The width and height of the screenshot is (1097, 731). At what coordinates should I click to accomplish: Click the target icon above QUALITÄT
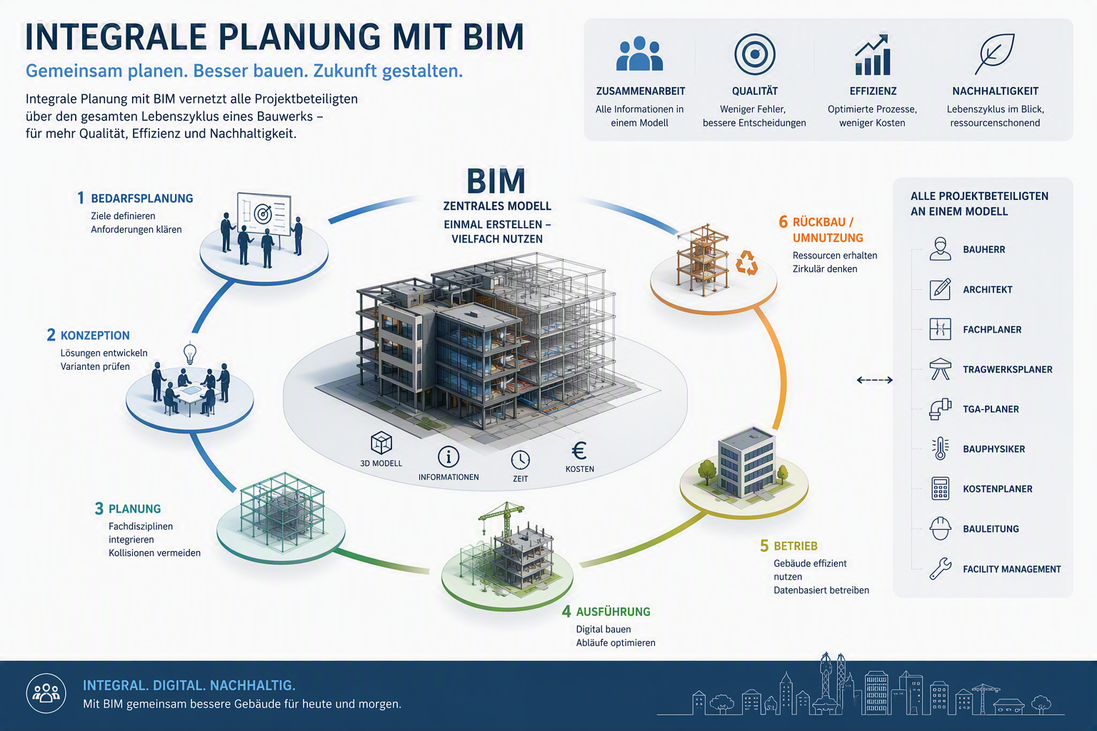755,54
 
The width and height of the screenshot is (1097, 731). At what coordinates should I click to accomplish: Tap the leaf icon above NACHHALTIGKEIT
994,54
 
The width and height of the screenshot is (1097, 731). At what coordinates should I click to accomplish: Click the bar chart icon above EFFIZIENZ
872,54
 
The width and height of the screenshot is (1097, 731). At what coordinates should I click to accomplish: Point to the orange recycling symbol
747,263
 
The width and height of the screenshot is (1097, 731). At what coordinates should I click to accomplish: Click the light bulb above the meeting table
189,353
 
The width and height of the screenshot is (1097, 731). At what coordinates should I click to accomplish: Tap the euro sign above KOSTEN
579,451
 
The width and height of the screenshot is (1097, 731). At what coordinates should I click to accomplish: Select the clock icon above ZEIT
520,460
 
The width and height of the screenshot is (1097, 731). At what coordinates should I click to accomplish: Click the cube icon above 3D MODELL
381,443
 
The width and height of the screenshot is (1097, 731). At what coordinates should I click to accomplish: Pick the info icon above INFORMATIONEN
448,458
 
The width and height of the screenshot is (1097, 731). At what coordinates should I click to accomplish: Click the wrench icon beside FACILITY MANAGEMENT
941,568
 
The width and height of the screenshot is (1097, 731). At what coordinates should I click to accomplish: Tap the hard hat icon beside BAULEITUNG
941,528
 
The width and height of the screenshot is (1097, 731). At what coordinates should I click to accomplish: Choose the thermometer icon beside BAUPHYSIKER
941,448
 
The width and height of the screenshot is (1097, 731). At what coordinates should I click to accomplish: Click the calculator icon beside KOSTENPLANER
941,488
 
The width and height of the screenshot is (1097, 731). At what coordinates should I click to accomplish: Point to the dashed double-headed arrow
875,380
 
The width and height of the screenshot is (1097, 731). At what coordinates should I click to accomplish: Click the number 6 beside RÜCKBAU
783,222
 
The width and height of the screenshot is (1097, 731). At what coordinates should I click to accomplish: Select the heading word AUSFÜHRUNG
613,612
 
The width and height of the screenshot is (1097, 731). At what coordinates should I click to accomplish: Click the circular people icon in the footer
46,693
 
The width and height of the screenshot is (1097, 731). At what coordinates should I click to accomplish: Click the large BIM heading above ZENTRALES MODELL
496,181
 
